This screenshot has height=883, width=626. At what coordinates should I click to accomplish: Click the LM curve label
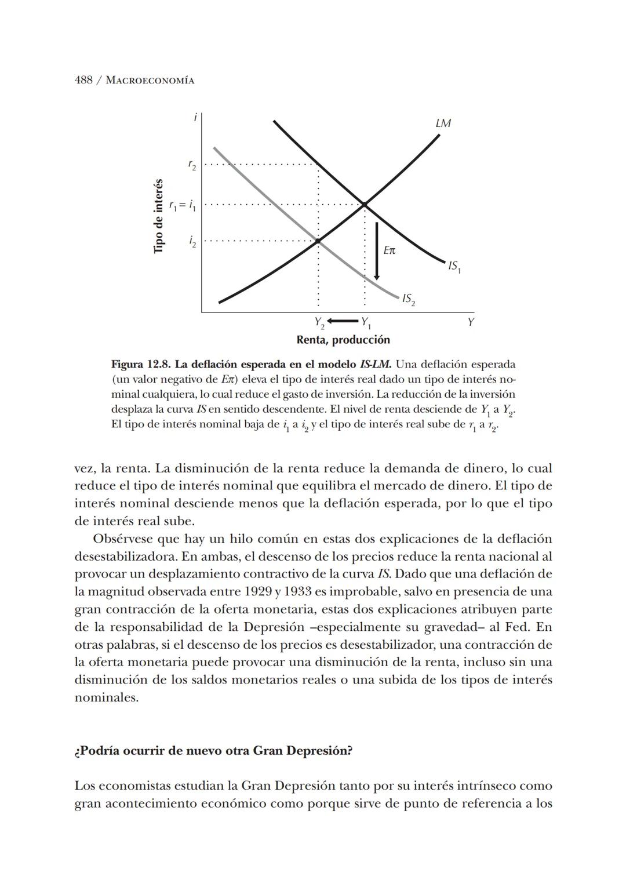(x=443, y=123)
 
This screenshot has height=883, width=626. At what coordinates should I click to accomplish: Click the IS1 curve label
(x=454, y=267)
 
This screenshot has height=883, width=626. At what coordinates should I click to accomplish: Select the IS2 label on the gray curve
(x=408, y=299)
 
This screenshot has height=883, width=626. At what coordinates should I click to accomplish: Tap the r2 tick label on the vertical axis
(x=192, y=165)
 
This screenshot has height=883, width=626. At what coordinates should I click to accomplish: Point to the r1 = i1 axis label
(x=182, y=205)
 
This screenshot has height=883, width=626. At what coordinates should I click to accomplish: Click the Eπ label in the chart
(x=390, y=250)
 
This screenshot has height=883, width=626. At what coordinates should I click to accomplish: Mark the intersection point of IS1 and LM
(x=365, y=204)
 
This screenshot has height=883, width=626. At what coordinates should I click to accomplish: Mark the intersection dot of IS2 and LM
(x=318, y=240)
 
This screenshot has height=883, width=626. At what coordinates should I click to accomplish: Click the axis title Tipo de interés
(x=158, y=216)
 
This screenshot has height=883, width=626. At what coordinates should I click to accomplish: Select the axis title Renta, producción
(x=343, y=340)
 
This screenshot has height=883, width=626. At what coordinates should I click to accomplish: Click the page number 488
(x=83, y=80)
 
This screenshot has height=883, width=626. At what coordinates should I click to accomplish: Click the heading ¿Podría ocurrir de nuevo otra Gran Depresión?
(x=213, y=751)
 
